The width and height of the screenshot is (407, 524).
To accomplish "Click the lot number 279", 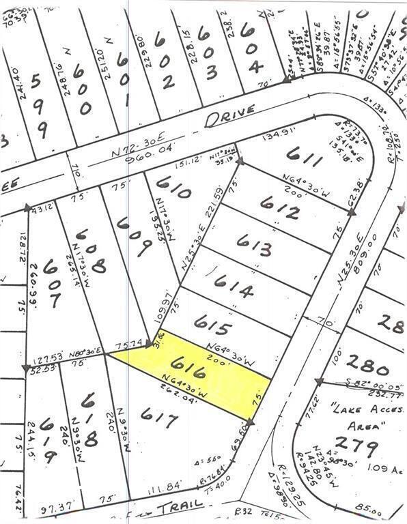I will click(x=356, y=448).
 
